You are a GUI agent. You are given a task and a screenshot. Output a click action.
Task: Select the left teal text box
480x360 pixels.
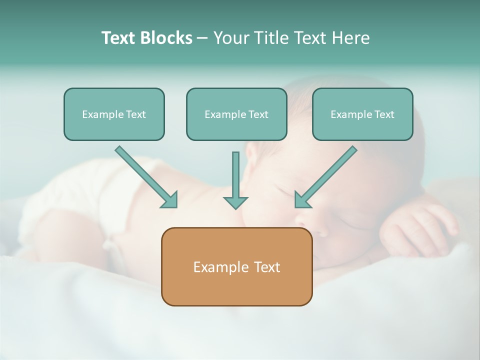coord(114,114)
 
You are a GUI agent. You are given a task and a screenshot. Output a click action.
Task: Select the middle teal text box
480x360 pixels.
coord(236,114)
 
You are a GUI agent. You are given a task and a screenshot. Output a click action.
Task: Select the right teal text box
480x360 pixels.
coord(362,114)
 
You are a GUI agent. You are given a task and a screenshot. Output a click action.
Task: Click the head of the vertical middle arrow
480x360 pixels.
coord(235,202)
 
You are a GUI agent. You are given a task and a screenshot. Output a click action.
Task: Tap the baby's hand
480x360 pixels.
coord(420,227)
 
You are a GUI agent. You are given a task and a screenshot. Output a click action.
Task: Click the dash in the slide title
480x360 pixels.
coord(202,38)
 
